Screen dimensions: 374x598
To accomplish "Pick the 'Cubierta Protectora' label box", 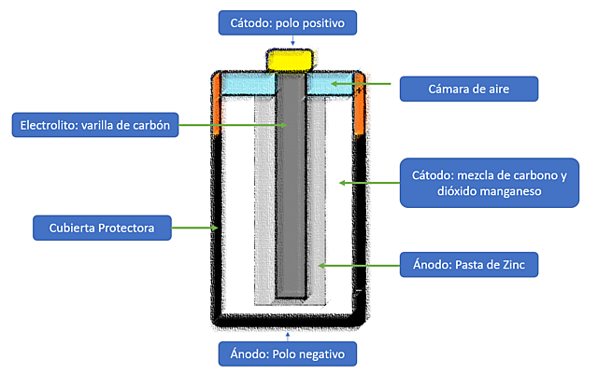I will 101,227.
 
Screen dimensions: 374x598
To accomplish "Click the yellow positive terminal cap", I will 292,60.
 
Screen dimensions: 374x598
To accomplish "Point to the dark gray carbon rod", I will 292,187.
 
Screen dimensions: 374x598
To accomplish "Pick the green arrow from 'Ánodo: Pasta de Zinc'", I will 356,266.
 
